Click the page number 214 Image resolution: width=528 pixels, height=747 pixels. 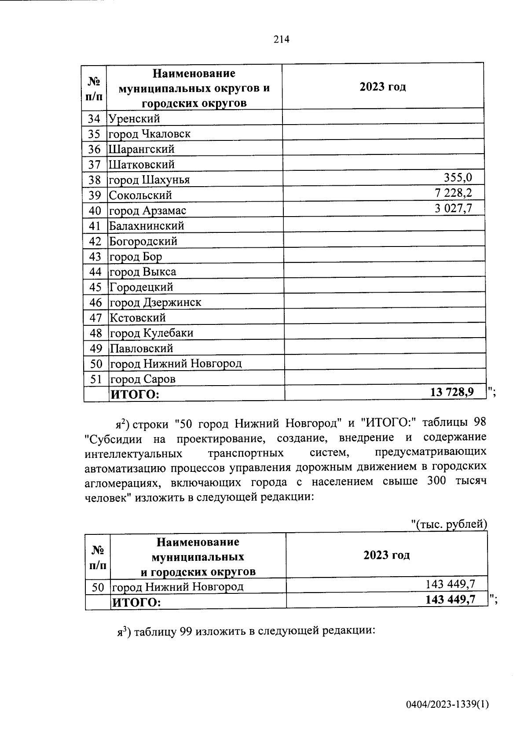coord(281,40)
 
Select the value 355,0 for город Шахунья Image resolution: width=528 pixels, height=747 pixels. coord(457,178)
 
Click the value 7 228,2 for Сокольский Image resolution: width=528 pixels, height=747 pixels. coord(453,193)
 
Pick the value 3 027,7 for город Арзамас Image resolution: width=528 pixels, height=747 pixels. coord(453,208)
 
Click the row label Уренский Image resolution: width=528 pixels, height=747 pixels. coord(134,118)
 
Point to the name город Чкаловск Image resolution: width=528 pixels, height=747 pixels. coord(150,134)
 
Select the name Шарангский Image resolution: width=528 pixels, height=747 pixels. coord(142,149)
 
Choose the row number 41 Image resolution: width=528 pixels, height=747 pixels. coord(95,226)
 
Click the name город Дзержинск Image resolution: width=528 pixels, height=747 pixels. coord(155,302)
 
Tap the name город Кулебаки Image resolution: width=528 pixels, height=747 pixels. coord(151,333)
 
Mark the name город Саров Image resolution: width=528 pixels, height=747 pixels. coord(143,379)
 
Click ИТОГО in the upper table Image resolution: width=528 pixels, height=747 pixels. coord(134,394)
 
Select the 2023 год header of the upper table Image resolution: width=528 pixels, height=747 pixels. coord(382,86)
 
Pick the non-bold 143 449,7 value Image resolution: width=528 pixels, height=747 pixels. coord(450,584)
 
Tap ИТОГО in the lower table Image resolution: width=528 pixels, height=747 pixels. coord(137,602)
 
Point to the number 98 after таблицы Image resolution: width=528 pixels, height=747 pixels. coord(479,422)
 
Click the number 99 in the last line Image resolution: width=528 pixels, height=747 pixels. coord(185,631)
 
